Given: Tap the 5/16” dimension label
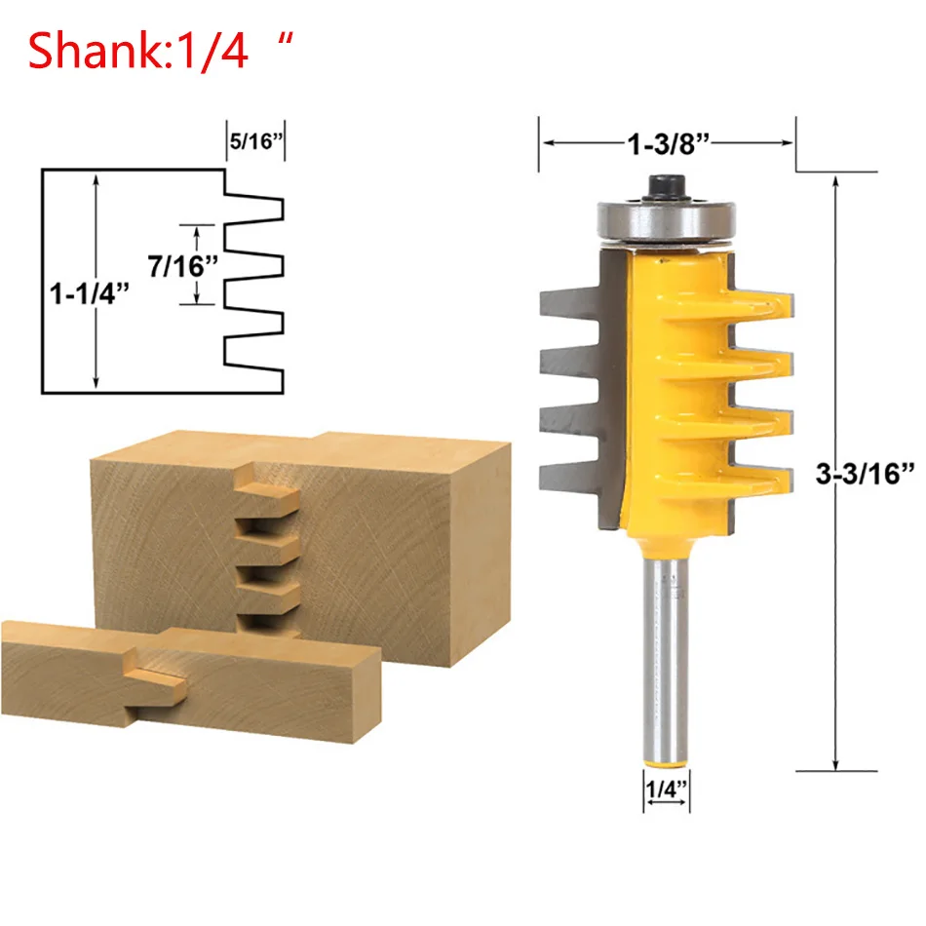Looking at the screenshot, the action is point(256,141).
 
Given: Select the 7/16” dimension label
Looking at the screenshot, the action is point(182,266).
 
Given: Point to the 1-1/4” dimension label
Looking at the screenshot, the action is point(89,293).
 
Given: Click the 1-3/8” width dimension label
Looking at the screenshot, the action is point(668,143).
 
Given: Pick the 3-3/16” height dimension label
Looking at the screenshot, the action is point(865,473).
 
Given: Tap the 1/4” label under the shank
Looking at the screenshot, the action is point(666,789).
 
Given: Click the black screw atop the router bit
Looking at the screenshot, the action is point(666,187).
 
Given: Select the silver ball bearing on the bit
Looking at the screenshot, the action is point(666,221).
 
